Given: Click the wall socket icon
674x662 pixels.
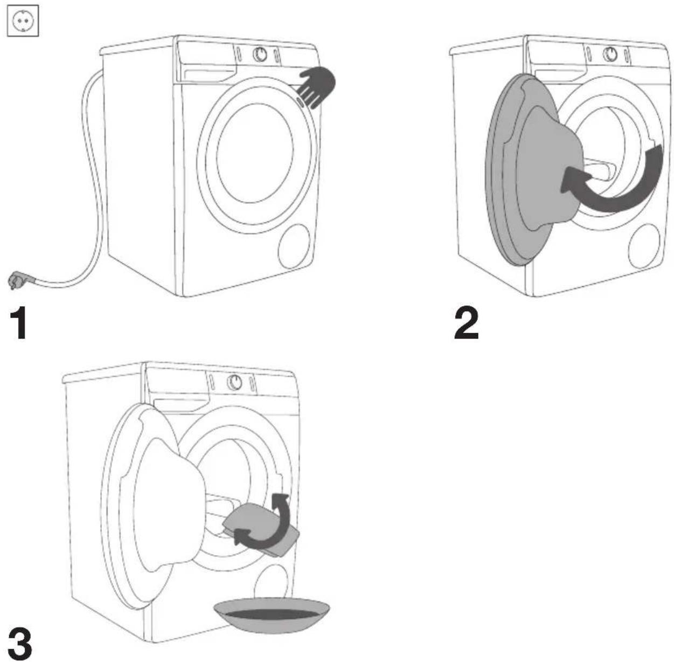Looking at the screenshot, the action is click(x=23, y=20).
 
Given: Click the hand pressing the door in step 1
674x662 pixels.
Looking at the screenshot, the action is click(x=316, y=86).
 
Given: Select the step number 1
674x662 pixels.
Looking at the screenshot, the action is click(x=19, y=322).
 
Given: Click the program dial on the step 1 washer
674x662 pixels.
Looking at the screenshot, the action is click(x=260, y=54).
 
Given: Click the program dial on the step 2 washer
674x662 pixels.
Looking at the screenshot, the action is click(x=610, y=53).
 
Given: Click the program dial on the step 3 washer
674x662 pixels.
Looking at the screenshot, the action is click(x=234, y=381).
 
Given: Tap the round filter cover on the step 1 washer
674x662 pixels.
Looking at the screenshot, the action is click(x=294, y=246).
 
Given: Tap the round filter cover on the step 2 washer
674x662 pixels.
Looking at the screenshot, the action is click(x=644, y=246).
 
